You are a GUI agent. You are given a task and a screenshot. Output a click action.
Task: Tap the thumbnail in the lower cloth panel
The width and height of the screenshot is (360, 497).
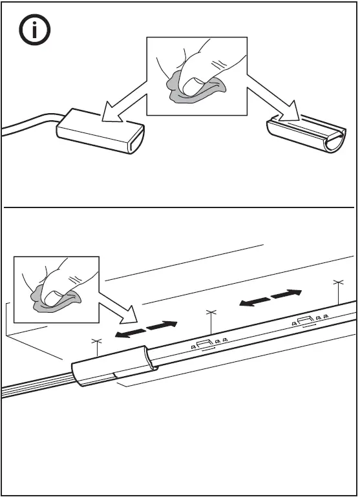coord(54,295)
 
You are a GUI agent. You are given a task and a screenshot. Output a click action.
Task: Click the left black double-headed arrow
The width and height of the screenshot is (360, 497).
coord(146,328)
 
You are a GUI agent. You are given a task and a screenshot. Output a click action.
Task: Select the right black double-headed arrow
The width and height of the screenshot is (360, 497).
coord(270,298)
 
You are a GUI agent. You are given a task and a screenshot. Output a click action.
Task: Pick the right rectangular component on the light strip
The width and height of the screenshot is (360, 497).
coord(306,319)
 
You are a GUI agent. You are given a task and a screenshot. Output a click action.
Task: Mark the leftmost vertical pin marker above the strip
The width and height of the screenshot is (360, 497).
coord(97,347)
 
